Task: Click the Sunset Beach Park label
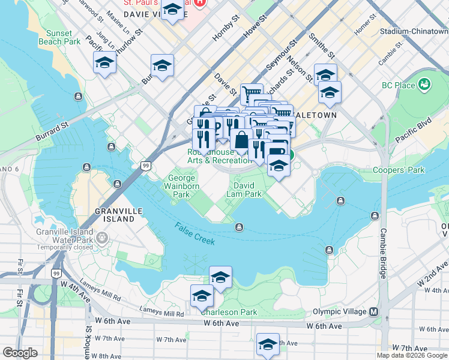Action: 59,37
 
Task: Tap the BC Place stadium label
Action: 399,85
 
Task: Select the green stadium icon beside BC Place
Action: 426,85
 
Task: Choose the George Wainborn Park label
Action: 181,186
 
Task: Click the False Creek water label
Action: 196,233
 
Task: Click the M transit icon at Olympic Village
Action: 373,311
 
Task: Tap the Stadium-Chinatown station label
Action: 414,31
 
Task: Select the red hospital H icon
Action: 200,3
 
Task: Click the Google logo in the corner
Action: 20,353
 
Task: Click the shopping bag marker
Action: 241,140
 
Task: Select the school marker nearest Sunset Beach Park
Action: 104,64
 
